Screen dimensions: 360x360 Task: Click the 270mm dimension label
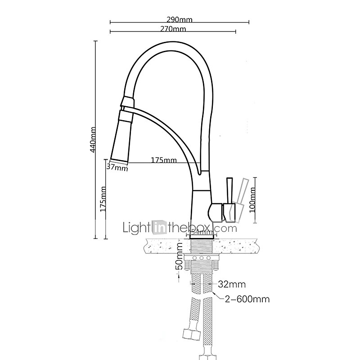(173, 29)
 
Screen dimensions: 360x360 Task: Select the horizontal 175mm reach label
(163, 160)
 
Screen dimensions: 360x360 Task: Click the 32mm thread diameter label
(232, 284)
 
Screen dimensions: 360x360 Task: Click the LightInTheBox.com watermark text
(180, 228)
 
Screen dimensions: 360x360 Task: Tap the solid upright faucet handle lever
(229, 191)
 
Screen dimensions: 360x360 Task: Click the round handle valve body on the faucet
(216, 210)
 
